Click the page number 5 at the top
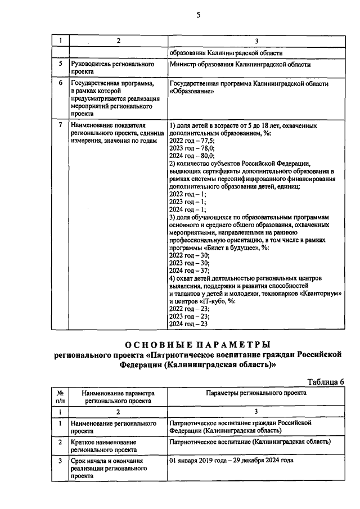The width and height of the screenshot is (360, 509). pos(199,15)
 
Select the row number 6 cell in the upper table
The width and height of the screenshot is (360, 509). pos(60,84)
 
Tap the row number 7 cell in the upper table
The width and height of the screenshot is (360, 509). pos(60,124)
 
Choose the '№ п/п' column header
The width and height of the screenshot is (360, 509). pos(60,397)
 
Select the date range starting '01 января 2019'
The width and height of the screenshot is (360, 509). pos(231,460)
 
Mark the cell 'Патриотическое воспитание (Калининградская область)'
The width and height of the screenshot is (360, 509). pos(250,442)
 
